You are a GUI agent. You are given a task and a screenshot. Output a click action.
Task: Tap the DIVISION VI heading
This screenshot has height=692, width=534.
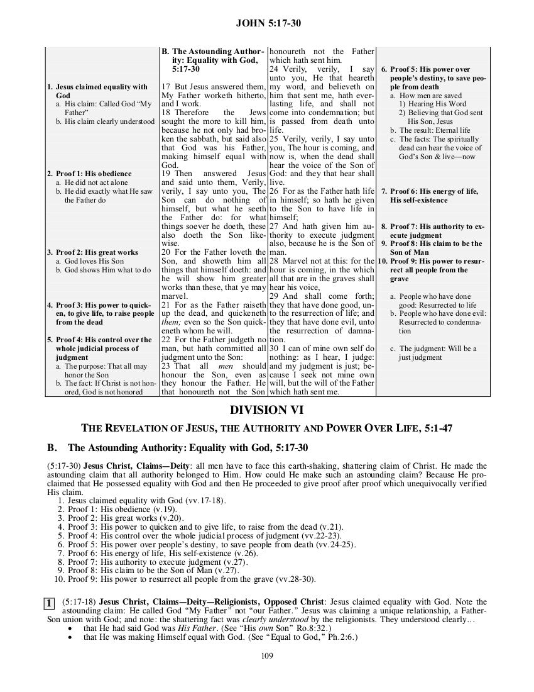pos(267,410)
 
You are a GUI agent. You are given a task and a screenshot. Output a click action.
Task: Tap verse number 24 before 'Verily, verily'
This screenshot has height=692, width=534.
pos(274,68)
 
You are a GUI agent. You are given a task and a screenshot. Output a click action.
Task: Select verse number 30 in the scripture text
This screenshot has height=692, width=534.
pos(274,348)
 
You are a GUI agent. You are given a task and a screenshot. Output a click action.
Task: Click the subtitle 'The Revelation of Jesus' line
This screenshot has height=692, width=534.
pos(267,429)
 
